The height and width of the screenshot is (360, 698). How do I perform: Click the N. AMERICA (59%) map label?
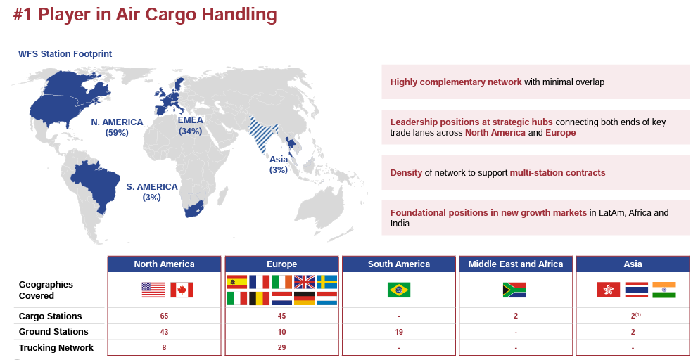117,127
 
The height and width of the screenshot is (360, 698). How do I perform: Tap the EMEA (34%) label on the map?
190,125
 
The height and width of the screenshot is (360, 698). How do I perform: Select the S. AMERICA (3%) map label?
152,192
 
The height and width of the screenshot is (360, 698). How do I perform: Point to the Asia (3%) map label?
278,165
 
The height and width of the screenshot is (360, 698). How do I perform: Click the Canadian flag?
182,290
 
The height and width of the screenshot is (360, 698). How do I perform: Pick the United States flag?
153,290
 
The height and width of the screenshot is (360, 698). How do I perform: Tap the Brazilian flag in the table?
399,290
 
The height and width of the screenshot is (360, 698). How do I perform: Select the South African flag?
514,290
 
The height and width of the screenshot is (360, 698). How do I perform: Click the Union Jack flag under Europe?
304,282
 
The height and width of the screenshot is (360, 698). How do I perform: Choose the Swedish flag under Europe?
326,282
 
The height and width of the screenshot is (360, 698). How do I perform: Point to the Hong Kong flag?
609,290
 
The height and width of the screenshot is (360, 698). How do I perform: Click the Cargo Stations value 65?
164,316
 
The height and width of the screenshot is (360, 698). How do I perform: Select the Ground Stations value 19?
399,332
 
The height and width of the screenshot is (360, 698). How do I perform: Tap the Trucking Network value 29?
281,347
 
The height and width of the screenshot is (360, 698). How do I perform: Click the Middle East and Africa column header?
516,264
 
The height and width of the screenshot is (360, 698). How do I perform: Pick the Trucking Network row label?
56,347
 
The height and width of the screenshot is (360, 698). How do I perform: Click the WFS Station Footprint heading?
65,54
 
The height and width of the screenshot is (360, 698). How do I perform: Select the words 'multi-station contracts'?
557,173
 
